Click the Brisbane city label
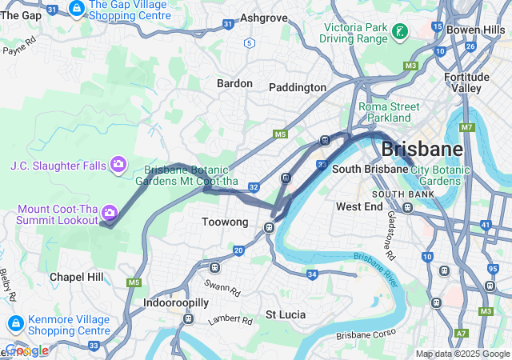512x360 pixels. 422,149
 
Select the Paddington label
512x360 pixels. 298,87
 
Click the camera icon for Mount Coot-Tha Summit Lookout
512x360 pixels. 110,213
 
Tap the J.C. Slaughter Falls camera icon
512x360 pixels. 119,164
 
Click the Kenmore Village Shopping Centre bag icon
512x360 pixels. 14,324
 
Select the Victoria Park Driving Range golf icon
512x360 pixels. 398,32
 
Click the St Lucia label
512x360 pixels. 286,314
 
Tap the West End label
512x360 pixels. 359,206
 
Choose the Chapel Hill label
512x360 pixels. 76,276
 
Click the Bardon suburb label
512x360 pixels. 234,83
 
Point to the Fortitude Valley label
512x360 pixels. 467,83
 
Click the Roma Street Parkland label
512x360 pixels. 384,112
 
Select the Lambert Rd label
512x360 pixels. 230,319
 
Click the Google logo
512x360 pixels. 26,350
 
